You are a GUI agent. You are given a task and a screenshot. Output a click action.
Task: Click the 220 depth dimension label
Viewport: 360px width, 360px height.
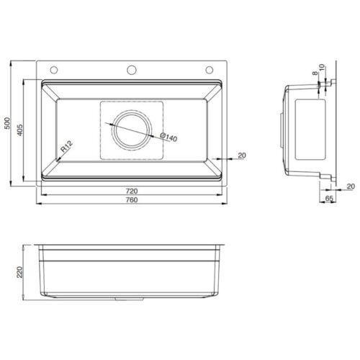pyautogui.click(x=19, y=272)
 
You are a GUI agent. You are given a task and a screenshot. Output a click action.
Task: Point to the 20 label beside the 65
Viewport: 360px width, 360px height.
pyautogui.click(x=350, y=186)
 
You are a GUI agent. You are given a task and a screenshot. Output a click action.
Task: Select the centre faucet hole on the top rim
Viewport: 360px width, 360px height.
pyautogui.click(x=132, y=70)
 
